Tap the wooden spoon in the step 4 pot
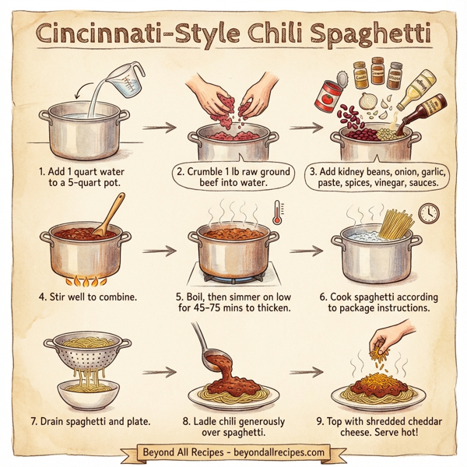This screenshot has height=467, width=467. (109, 214)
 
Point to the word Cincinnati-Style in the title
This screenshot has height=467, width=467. (128, 35)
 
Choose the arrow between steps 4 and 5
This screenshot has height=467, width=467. (159, 252)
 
